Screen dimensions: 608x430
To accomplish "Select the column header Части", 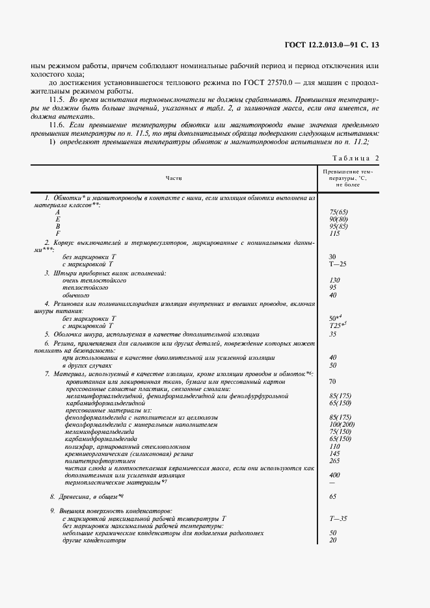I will tap(174, 177).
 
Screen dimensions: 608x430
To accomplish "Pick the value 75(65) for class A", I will tap(339, 212).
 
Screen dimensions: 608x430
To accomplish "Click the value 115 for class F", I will tap(335, 233).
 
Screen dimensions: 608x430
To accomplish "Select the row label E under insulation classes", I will tap(57, 220).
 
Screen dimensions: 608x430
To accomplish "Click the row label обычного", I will tap(75, 295).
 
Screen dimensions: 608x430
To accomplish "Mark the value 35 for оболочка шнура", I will tap(333, 334).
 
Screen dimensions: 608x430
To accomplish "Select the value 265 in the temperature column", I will tap(335, 461).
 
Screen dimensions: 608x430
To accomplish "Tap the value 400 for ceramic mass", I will tap(335, 475).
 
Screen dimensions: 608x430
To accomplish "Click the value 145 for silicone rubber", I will tap(335, 453).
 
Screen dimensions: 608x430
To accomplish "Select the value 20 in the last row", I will tap(333, 540).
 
